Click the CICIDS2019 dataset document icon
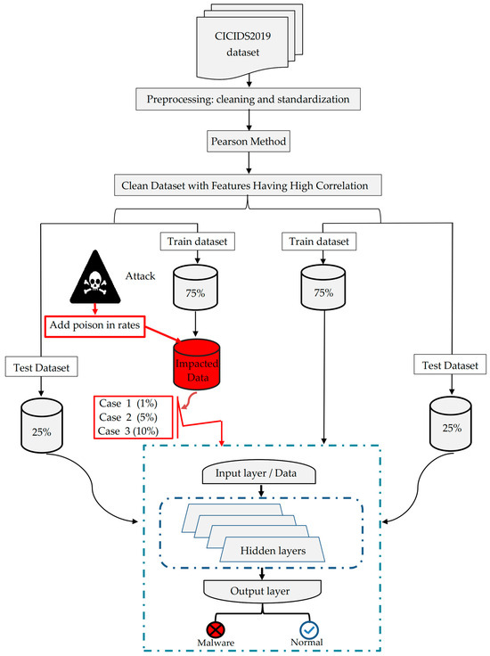click(x=244, y=45)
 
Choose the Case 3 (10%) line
click(x=134, y=430)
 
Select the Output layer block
click(x=262, y=590)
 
